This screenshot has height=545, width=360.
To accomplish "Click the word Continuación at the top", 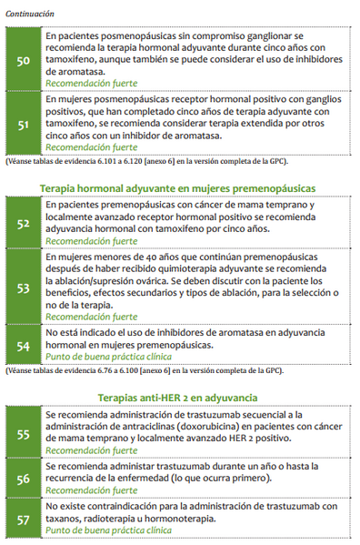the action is (29, 14).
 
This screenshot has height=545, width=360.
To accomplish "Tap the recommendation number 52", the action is (24, 223).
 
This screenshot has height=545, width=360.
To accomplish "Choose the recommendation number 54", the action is (24, 346).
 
